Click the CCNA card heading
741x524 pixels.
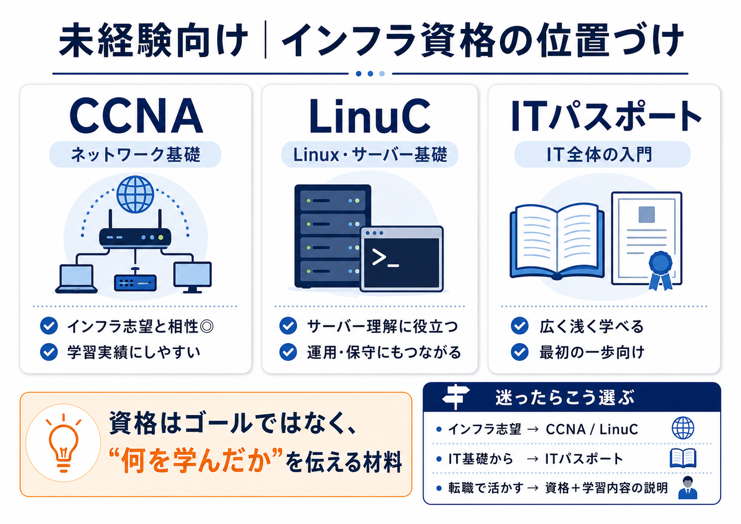136,115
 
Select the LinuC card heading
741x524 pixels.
370,116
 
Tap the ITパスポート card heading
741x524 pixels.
606,116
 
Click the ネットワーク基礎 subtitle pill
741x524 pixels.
135,154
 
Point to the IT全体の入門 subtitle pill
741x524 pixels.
602,154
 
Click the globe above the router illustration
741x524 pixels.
135,194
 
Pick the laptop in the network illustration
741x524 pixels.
77,279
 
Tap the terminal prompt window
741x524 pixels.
402,259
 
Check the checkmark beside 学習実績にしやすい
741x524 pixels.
49,352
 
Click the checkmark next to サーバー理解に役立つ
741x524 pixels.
288,326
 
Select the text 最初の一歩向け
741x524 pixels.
592,352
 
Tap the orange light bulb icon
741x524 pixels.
64,443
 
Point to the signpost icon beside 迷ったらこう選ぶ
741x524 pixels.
456,397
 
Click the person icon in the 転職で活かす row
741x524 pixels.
687,488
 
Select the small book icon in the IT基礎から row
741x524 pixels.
683,458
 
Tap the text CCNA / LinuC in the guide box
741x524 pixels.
592,430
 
